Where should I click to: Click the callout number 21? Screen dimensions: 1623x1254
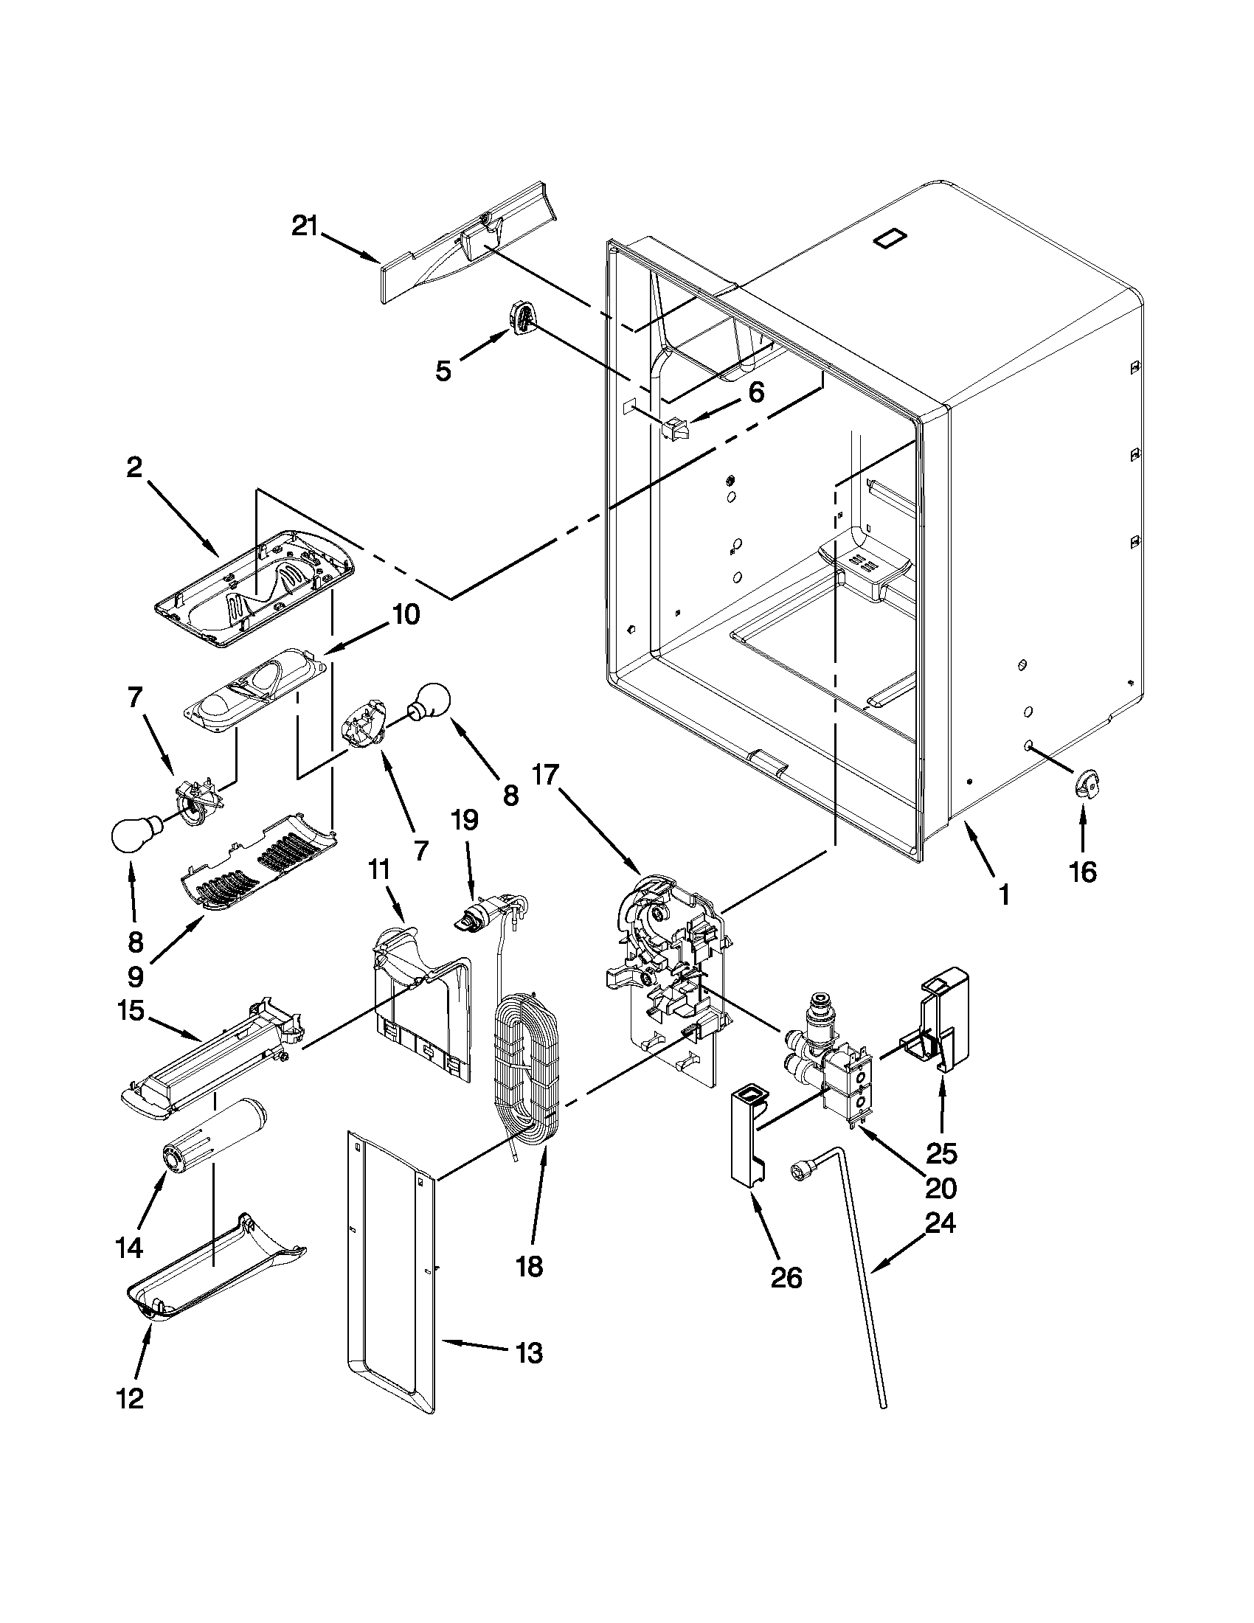(x=304, y=226)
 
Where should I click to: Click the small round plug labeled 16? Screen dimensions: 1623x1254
(x=1087, y=785)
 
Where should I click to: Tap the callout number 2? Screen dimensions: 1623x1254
(x=134, y=468)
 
